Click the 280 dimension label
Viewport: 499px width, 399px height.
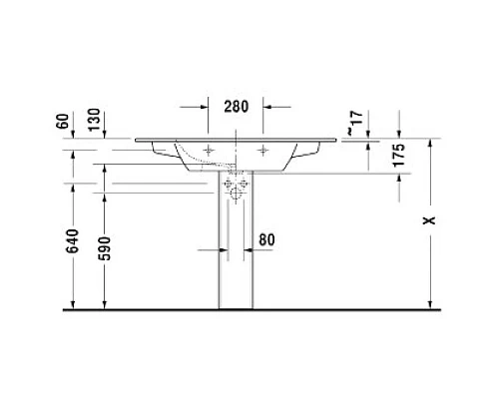236,107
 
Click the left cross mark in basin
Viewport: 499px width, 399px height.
207,151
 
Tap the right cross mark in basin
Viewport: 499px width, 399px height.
263,151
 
